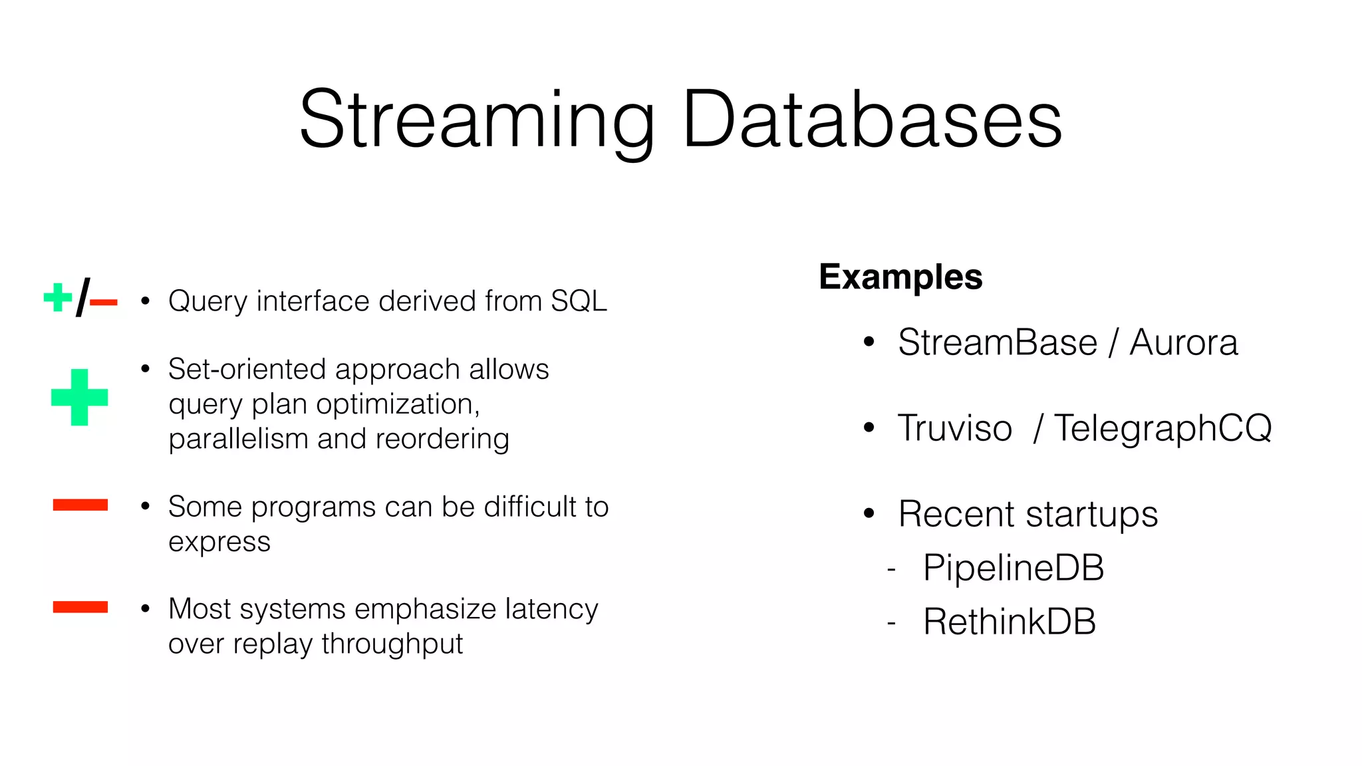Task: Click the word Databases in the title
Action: (x=872, y=120)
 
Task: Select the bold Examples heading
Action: (x=900, y=277)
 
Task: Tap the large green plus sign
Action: (x=79, y=397)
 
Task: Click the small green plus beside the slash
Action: (x=58, y=297)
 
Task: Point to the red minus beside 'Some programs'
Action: (x=80, y=505)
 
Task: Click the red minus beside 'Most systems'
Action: (x=80, y=607)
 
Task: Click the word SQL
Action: (x=579, y=301)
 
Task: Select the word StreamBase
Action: (x=997, y=343)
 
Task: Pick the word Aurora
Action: (x=1183, y=343)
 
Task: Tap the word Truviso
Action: (x=954, y=428)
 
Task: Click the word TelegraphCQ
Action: (x=1162, y=428)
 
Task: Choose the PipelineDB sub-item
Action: (x=1013, y=569)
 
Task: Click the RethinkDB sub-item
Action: (x=1009, y=622)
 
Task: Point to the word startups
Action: (x=1091, y=515)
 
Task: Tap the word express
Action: (x=219, y=543)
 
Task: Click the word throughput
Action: (x=392, y=644)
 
